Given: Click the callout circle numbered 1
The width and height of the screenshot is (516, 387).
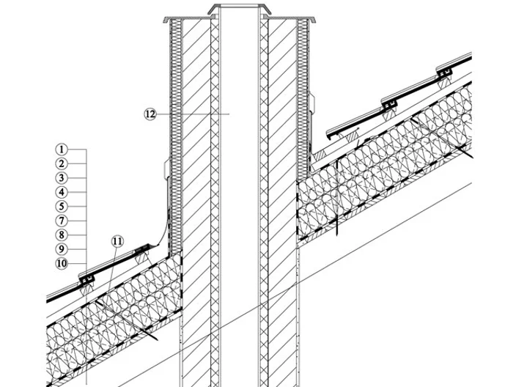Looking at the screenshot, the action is tap(62, 150).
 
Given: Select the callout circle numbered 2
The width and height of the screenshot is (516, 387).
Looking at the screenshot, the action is tap(62, 163).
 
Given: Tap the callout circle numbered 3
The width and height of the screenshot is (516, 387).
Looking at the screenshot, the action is tap(62, 178).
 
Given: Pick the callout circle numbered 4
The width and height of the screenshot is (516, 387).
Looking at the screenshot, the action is tap(62, 192).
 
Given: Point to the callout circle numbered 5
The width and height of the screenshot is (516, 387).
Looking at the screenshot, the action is tap(62, 207).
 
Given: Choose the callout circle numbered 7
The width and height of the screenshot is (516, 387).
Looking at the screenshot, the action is tap(62, 221).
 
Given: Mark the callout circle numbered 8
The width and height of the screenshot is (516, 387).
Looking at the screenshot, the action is tap(62, 235).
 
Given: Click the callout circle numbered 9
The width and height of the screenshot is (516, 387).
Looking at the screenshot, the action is tap(62, 249).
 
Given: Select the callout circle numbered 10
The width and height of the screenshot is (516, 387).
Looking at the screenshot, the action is tap(62, 264).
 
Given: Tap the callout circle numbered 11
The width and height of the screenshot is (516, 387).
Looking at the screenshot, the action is tap(117, 242).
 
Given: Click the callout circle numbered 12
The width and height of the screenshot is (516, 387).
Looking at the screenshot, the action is tap(150, 114).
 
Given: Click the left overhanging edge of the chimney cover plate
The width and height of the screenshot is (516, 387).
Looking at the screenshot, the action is tap(166, 19).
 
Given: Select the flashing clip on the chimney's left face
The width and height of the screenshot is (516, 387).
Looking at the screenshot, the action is tap(167, 169).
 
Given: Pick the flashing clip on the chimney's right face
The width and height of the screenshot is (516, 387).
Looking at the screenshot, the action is tap(312, 103).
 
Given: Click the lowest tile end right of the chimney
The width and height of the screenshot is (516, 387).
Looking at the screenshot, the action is tap(329, 136).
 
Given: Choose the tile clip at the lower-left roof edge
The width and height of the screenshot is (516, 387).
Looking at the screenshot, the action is tap(86, 279).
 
